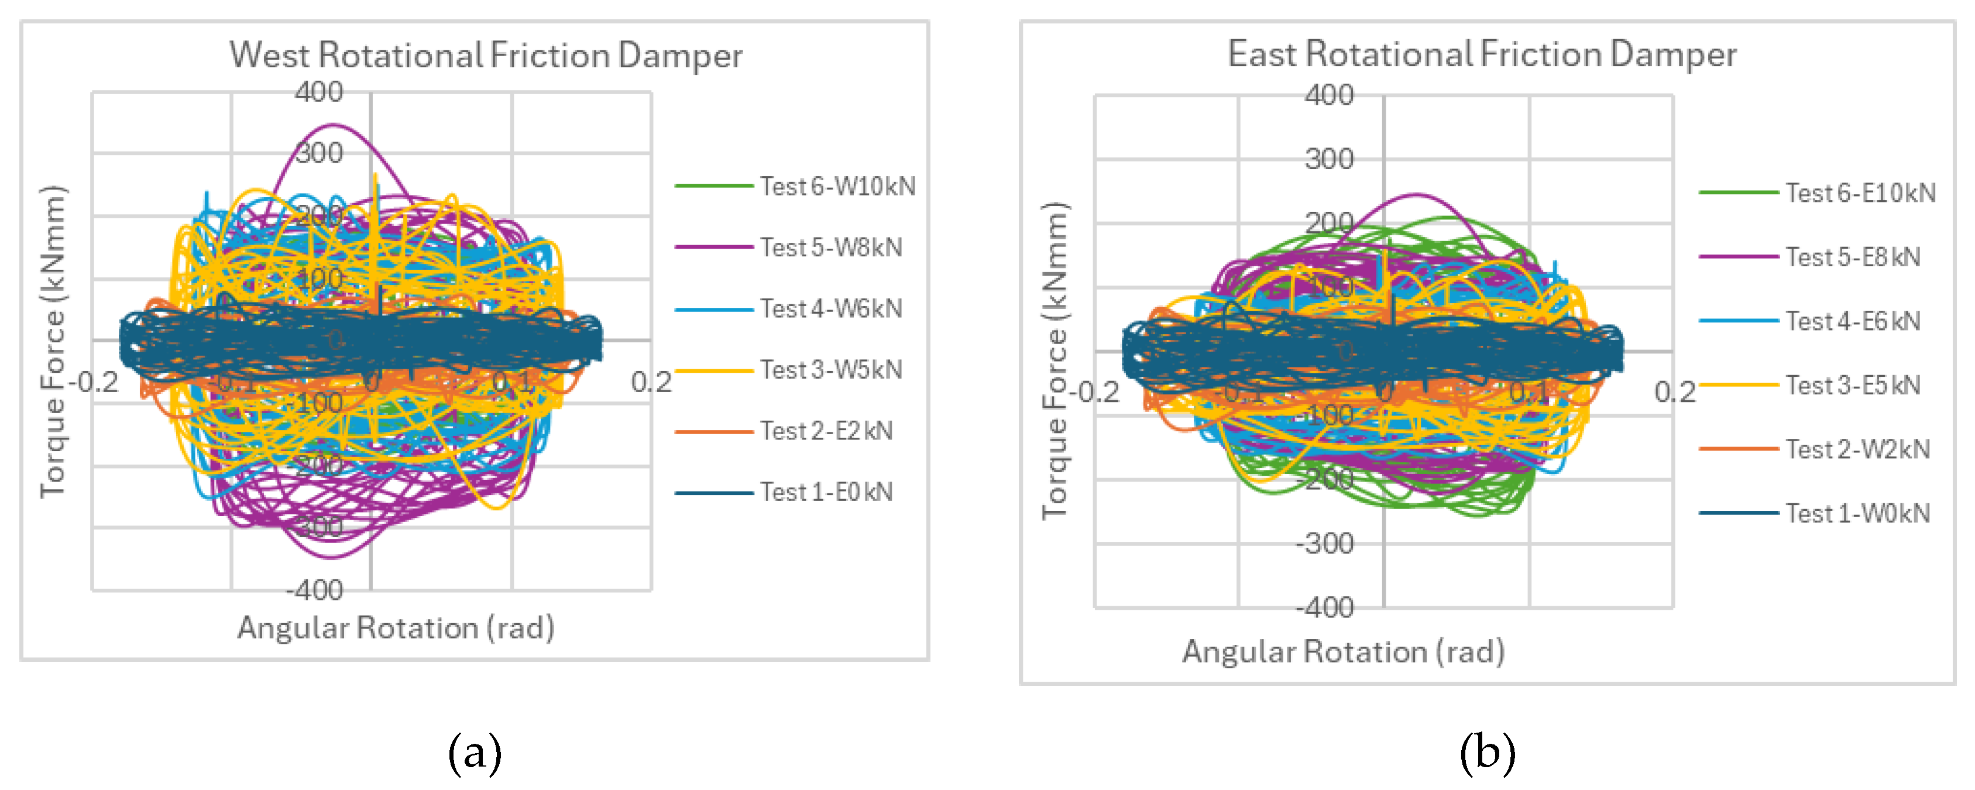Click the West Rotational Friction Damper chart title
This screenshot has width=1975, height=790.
(x=485, y=55)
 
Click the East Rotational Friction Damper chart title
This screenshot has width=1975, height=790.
(x=1481, y=54)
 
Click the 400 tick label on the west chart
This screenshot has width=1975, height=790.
(x=319, y=92)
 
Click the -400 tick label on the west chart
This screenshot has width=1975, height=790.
(x=315, y=590)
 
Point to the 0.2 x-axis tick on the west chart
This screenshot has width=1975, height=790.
(x=651, y=382)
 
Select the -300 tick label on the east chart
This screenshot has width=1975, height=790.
(x=1325, y=544)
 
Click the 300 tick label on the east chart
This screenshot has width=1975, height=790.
(x=1329, y=160)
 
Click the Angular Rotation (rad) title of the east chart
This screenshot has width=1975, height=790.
(x=1343, y=652)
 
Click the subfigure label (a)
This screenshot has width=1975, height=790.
(x=475, y=753)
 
